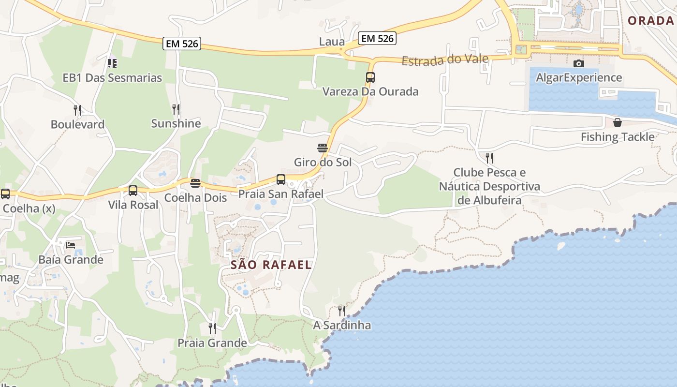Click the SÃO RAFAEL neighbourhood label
(271, 265)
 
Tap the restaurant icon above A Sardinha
(342, 311)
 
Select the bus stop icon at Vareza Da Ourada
(370, 77)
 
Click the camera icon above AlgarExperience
(578, 63)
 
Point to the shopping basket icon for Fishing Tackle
(617, 122)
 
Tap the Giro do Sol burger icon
(323, 148)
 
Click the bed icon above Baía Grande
(71, 245)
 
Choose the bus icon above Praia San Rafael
(281, 179)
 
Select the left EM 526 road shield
(182, 44)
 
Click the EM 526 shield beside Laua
(377, 38)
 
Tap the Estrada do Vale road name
(445, 60)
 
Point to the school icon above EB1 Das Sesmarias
(112, 63)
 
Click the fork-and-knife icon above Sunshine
(176, 109)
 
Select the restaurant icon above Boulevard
(77, 110)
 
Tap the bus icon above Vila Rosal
(133, 191)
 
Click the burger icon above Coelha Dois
(195, 183)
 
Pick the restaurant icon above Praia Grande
(212, 328)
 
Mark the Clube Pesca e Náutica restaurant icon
(489, 158)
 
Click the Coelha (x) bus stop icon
(5, 194)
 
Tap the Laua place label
(332, 42)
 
